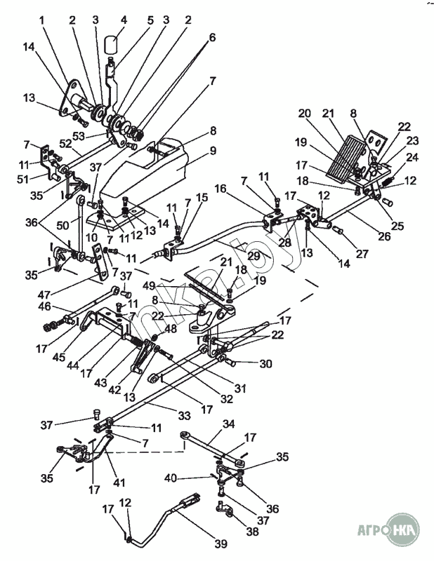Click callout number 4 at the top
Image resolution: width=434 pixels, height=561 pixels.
tap(124, 19)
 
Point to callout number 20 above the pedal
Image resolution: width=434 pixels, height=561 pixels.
tap(303, 113)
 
